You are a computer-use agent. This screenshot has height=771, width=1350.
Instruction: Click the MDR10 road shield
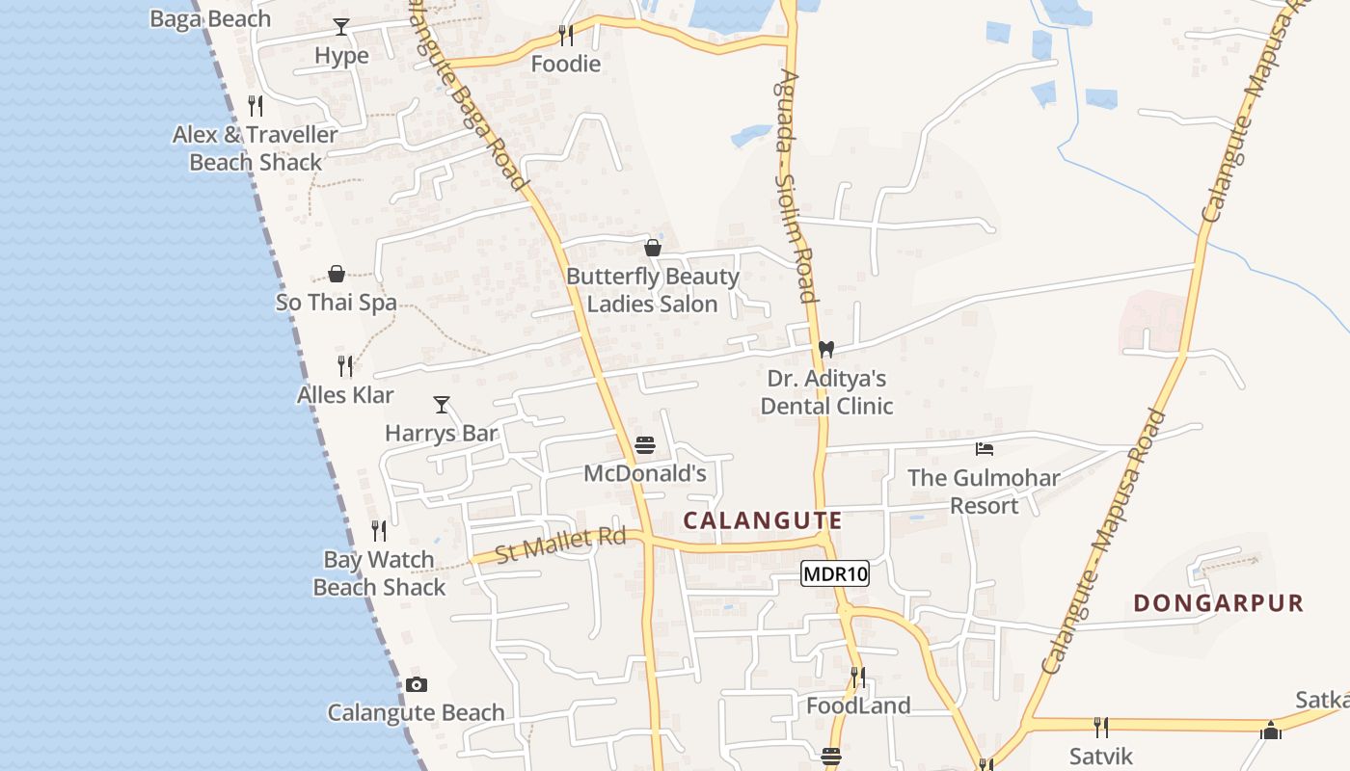835,574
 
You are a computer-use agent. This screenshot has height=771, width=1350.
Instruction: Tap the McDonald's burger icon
645,445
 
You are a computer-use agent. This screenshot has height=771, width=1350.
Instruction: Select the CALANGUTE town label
762,521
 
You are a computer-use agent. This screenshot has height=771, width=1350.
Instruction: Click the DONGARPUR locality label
1218,603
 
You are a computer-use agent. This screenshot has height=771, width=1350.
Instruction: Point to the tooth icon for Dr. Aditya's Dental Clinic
825,349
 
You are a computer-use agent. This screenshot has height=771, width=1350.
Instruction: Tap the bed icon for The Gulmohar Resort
984,449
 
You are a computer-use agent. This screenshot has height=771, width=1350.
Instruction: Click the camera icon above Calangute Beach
416,685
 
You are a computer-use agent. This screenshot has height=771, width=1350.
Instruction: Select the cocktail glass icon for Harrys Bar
442,405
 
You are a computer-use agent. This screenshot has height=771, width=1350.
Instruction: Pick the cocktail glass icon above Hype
341,27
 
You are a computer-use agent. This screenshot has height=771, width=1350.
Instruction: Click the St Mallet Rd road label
560,545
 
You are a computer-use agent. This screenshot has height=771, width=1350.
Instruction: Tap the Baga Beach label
210,18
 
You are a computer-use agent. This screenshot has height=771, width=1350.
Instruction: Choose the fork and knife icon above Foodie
566,36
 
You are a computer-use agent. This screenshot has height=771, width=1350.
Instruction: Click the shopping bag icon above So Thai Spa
337,274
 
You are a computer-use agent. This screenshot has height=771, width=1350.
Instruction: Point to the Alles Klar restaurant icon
345,366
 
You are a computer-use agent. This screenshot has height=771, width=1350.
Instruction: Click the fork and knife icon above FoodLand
857,678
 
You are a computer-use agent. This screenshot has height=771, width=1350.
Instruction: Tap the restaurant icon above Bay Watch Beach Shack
379,531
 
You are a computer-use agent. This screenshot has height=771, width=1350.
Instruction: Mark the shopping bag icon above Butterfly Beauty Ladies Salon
653,248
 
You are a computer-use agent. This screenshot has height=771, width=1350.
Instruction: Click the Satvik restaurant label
1100,755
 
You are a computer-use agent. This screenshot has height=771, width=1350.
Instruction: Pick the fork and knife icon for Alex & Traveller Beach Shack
256,106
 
